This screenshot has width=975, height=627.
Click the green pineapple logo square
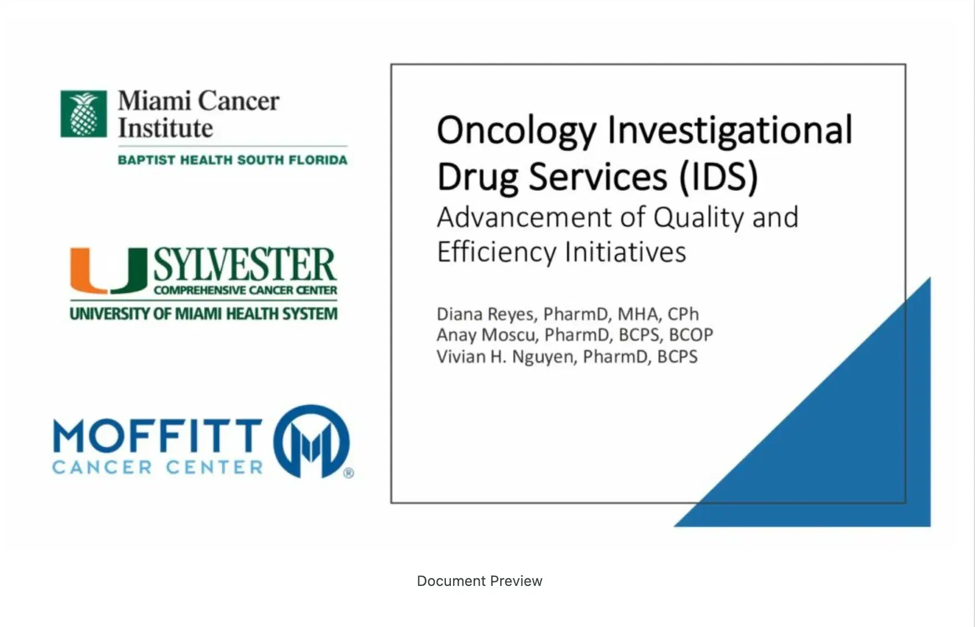click(84, 114)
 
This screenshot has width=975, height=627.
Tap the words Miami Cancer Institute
click(199, 114)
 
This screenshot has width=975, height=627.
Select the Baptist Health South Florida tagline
click(232, 160)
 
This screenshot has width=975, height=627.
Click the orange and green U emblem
click(109, 271)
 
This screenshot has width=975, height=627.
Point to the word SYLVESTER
click(245, 264)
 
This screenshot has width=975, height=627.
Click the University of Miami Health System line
click(204, 314)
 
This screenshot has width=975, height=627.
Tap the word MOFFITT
click(158, 436)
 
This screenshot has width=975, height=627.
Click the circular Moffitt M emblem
click(311, 441)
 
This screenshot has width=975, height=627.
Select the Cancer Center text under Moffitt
click(158, 467)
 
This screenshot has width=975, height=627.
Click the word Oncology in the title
click(516, 132)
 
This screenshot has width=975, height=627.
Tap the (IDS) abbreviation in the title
click(719, 178)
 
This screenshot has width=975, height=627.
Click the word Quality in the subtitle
click(698, 218)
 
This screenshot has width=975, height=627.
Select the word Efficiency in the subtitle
click(496, 252)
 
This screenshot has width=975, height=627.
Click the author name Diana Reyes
click(486, 315)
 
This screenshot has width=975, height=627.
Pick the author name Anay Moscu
click(486, 335)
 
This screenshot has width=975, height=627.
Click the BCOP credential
click(691, 335)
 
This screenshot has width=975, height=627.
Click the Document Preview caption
click(480, 581)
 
